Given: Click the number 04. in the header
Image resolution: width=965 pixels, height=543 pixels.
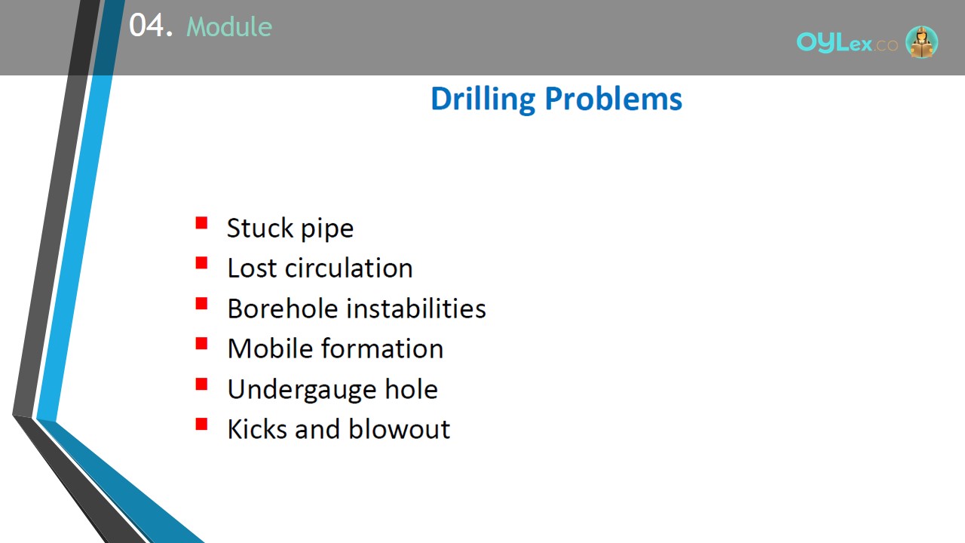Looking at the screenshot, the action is (151, 25).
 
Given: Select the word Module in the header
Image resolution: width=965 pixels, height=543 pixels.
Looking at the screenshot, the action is (229, 26).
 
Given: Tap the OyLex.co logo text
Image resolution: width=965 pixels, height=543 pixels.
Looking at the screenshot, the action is (847, 42).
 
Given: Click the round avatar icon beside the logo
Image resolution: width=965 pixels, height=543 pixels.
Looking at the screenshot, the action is (921, 41).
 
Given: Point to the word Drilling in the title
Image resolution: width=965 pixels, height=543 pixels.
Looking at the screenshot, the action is (483, 100).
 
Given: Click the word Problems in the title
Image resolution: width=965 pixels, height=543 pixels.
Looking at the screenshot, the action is (614, 99).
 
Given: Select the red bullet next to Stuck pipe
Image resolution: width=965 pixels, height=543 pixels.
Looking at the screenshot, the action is (201, 222).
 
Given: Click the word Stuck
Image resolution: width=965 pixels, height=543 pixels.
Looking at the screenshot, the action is (259, 228).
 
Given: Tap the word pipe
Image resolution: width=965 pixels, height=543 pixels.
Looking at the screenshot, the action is (327, 229).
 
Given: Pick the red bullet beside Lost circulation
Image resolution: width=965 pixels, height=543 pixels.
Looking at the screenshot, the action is (201, 263).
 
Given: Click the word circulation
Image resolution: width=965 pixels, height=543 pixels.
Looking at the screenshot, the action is (348, 268).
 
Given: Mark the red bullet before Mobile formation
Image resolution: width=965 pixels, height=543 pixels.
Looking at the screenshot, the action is (201, 343).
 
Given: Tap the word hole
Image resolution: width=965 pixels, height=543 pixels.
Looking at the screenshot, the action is (411, 388).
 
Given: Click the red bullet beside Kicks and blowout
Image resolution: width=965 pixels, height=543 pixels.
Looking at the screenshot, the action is (201, 424).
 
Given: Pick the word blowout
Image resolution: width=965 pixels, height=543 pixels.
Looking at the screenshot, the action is (399, 429).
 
